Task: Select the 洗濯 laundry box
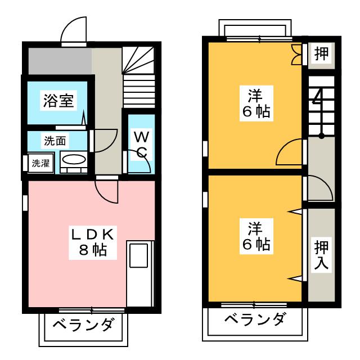(40, 164)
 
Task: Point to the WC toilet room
(141, 144)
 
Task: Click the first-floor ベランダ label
(84, 325)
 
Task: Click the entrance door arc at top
(74, 31)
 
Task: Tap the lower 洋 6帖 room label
(256, 236)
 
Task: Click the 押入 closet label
(321, 255)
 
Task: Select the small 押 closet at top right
(321, 55)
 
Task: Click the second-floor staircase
(321, 107)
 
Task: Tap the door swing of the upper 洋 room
(291, 152)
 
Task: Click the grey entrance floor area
(59, 60)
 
